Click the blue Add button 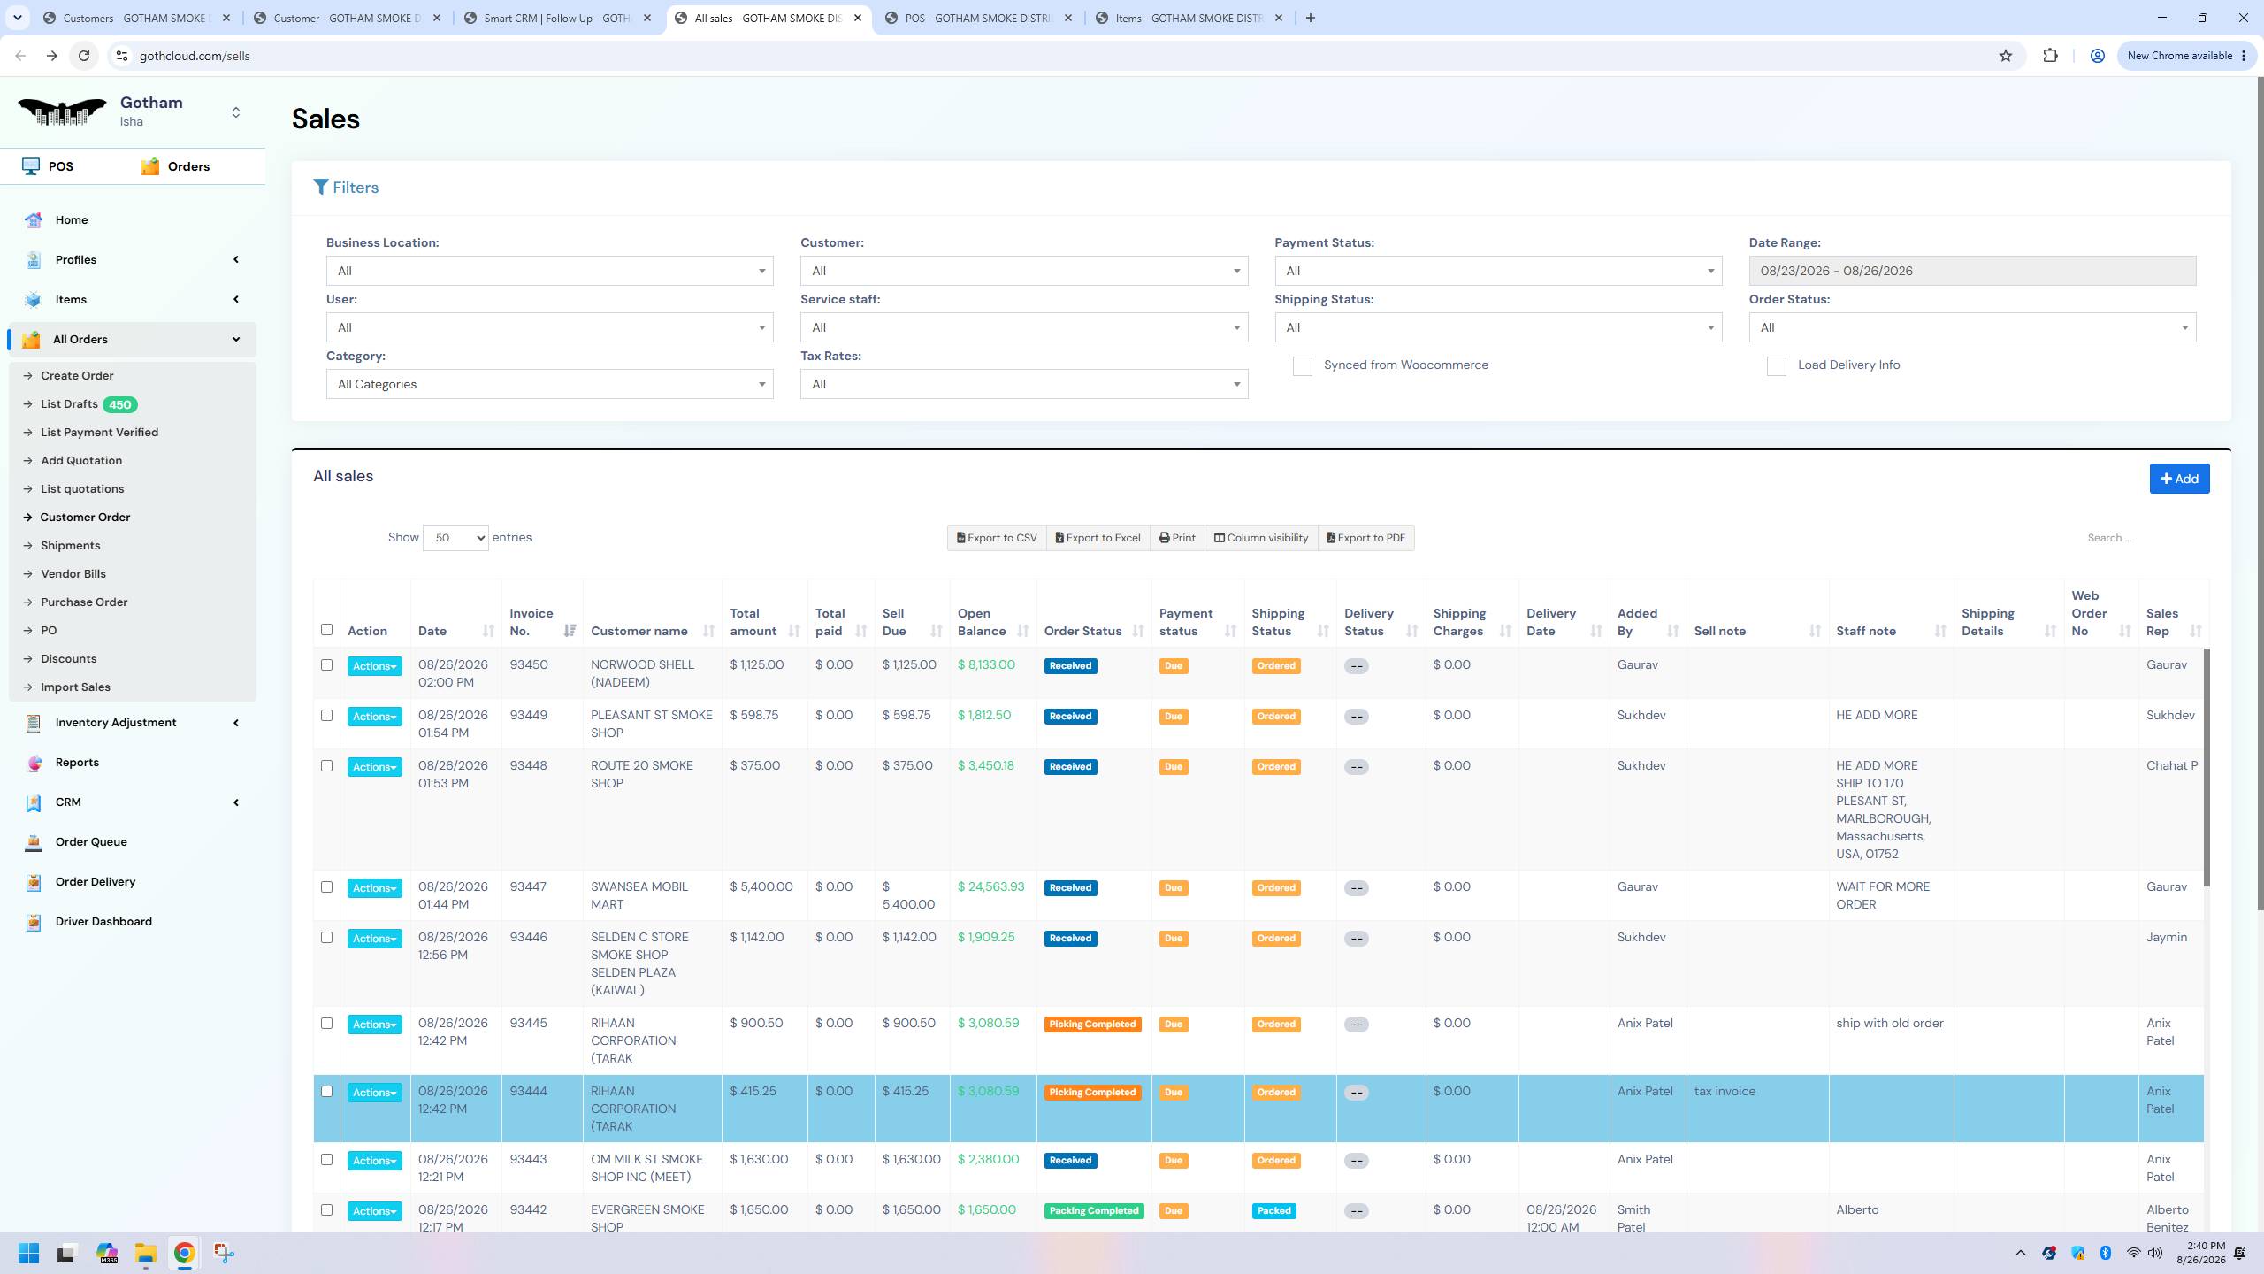[x=2179, y=479]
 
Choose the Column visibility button [x=1260, y=538]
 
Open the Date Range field [x=1971, y=271]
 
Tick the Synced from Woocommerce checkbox [x=1302, y=366]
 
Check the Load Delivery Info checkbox [x=1776, y=366]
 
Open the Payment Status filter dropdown [x=1498, y=271]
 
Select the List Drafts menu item [x=69, y=404]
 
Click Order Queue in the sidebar [x=91, y=841]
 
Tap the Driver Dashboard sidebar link [x=103, y=921]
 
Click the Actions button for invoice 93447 [x=374, y=888]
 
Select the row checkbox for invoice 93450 [x=326, y=664]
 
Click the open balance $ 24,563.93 [x=990, y=886]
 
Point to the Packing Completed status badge [x=1093, y=1210]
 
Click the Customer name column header [x=639, y=631]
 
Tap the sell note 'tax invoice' [x=1725, y=1091]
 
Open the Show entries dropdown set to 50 [x=455, y=538]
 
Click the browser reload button [x=84, y=56]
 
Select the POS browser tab [x=978, y=18]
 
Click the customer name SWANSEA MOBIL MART [x=639, y=895]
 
